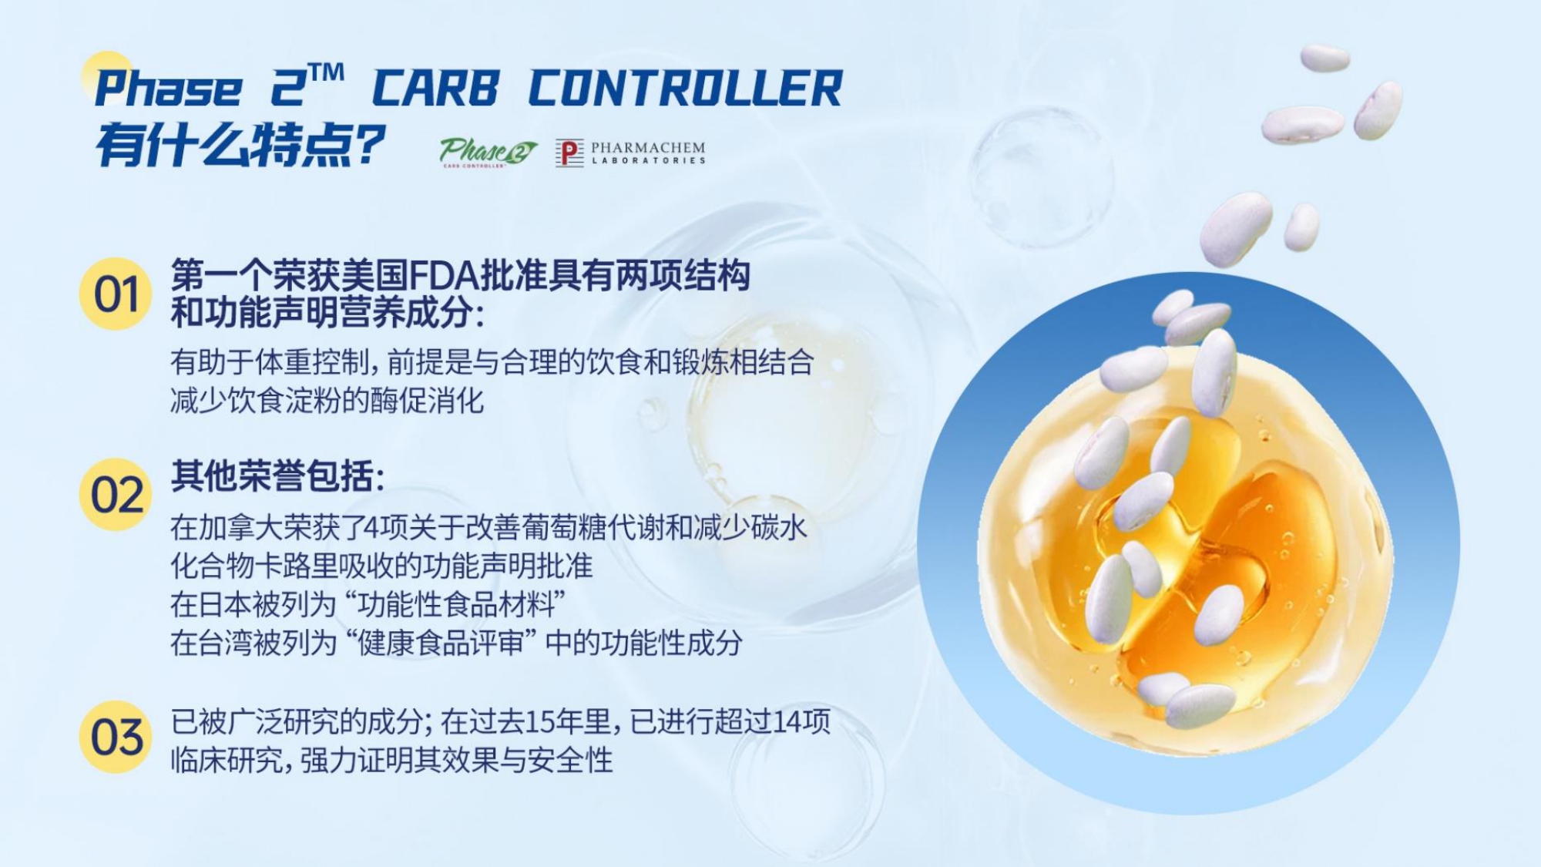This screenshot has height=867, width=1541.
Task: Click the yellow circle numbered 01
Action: pos(116,294)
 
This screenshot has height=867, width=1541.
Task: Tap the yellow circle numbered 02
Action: pos(116,494)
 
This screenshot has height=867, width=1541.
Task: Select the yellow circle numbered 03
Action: pos(116,737)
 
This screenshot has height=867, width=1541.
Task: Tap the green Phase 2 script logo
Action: pos(488,152)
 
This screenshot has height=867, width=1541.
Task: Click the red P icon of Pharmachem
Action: pos(569,153)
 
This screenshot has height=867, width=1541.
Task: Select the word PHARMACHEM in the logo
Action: pos(648,146)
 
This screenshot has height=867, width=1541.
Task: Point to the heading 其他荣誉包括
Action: pos(277,476)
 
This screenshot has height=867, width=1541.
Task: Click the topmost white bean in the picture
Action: pos(1325,59)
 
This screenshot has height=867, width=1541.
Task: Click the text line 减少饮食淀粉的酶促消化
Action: pos(327,401)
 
